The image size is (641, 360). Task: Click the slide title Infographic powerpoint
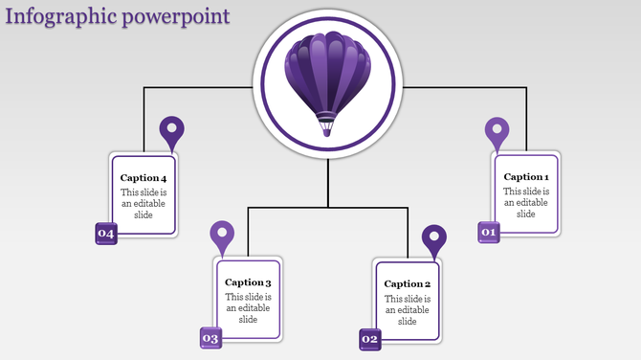117,16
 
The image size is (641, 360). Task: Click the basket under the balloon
327,124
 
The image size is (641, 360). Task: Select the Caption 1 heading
526,177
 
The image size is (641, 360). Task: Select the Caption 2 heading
408,284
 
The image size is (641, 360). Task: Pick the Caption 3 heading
249,282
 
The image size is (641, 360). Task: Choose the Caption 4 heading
144,179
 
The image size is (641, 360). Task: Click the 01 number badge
489,232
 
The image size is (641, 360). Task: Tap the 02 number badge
370,339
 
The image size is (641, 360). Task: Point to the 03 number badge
210,338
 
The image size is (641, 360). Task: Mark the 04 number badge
105,234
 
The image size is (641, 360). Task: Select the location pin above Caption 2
434,239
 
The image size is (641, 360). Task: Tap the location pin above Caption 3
222,236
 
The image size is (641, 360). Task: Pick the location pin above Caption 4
171,131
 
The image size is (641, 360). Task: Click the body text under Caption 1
526,202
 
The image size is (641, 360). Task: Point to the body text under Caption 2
408,309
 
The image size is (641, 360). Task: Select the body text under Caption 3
249,308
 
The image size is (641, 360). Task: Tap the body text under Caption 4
144,204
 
